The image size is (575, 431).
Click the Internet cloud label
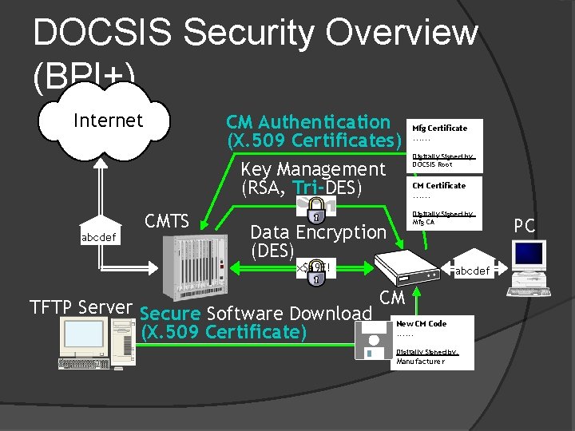pos(108,121)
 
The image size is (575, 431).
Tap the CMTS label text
pos(166,221)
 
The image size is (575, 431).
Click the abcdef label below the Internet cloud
pos(99,237)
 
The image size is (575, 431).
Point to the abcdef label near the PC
pos(472,271)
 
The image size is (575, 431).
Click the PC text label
pos(524,226)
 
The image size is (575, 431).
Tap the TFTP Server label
pos(80,307)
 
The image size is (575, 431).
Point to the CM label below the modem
pos(392,299)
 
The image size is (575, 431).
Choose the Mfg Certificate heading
pos(439,128)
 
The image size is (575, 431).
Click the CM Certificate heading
pos(438,185)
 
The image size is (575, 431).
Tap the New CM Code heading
pos(421,324)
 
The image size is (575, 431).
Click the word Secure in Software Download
pos(169,314)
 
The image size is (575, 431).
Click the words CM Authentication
pos(307,122)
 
